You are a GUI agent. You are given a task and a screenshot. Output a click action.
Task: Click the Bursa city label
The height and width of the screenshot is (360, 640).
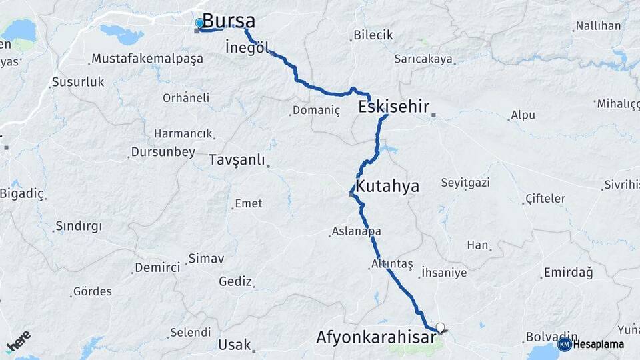tap(228, 21)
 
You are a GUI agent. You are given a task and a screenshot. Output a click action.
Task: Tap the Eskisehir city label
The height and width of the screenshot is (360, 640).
tap(393, 106)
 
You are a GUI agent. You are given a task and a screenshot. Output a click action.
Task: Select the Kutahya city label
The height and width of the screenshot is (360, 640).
tap(387, 186)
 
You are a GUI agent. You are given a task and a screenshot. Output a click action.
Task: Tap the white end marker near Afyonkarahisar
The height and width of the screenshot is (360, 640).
tap(439, 327)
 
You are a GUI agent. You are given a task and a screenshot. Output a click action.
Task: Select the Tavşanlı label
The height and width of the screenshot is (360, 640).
tap(237, 160)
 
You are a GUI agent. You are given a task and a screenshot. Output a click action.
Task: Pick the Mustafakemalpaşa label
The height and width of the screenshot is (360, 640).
tap(147, 59)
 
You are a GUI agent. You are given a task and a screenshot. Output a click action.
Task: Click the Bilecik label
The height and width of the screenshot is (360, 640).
tap(373, 35)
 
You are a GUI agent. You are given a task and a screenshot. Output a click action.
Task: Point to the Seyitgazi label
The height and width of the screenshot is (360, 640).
tap(465, 182)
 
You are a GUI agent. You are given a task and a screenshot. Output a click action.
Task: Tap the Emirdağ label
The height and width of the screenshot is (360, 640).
tap(568, 272)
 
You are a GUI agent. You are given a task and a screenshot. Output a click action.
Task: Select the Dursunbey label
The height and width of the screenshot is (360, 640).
tap(164, 152)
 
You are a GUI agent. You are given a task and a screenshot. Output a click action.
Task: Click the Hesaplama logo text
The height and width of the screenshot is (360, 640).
tap(598, 345)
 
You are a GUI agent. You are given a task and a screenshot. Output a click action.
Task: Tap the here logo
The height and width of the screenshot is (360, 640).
tap(18, 341)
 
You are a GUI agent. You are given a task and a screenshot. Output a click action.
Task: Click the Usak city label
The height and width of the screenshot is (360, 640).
tap(234, 345)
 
